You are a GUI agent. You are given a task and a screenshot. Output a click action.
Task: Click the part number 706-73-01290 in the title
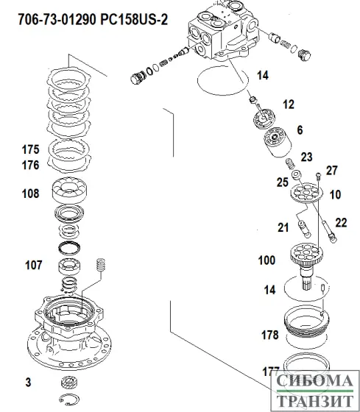pos(49,17)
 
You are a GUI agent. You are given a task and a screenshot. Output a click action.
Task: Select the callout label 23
pos(306,156)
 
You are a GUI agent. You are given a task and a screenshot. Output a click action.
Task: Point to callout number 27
pos(331,171)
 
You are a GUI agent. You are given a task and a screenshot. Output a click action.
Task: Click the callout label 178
pos(269,335)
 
